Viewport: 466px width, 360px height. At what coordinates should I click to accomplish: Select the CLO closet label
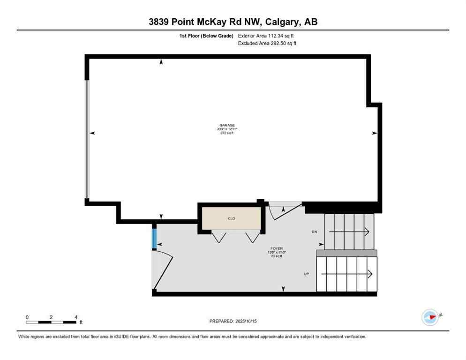point(231,218)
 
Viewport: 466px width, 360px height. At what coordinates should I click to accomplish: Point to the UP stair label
point(306,274)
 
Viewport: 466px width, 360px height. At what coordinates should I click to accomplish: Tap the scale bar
point(52,322)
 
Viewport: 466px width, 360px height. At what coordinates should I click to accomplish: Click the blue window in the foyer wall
point(154,238)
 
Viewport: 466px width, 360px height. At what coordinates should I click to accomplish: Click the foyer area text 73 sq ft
point(277,256)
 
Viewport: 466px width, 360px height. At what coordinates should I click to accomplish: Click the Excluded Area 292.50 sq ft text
point(267,43)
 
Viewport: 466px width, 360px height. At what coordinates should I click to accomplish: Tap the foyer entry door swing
point(163,270)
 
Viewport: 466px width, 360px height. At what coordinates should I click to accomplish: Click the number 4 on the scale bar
point(76,317)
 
